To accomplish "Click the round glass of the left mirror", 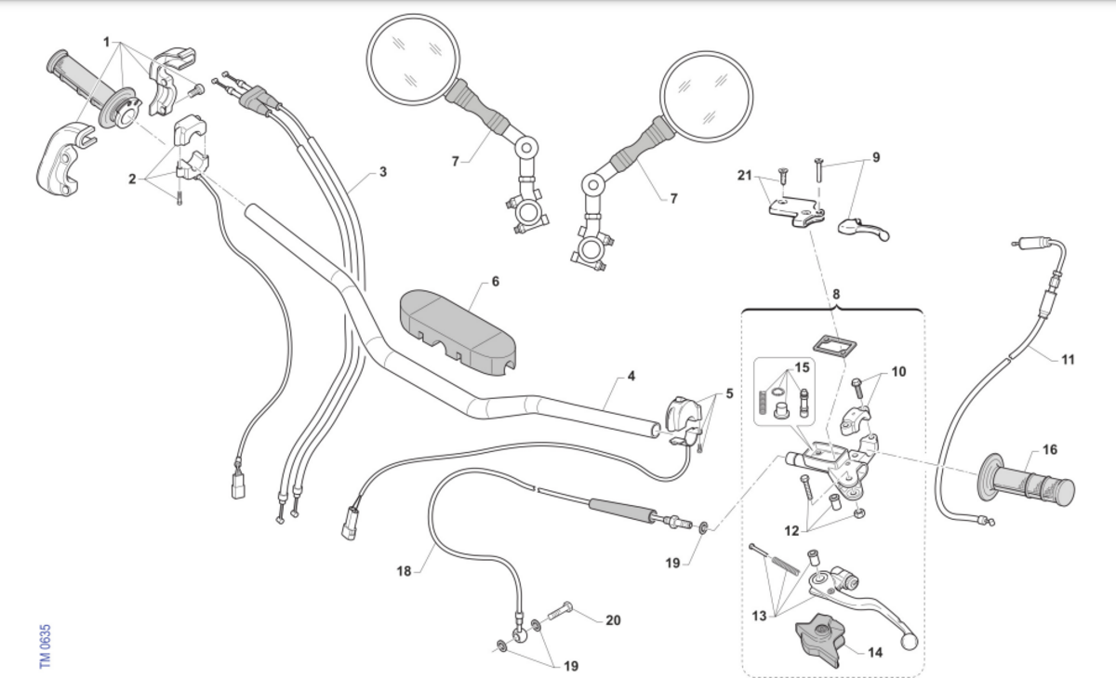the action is (413, 60).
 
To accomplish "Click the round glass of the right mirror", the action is (706, 97).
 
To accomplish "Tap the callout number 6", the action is (495, 282).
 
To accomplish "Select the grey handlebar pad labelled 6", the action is (458, 332).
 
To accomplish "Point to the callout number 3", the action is (382, 172).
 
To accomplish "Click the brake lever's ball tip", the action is (910, 642).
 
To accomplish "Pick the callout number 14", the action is (875, 653).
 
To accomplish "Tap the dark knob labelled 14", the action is (820, 640).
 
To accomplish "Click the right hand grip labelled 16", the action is (1027, 480).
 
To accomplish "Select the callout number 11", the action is (1068, 360).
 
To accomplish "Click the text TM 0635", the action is (45, 646).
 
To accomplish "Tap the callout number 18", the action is (404, 571).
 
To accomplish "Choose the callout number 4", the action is (631, 376).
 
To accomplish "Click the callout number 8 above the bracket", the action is (836, 295).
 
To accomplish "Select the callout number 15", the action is (802, 367).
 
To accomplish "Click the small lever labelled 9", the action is (863, 229).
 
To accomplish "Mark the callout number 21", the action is (744, 176).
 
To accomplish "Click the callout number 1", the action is (106, 43).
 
